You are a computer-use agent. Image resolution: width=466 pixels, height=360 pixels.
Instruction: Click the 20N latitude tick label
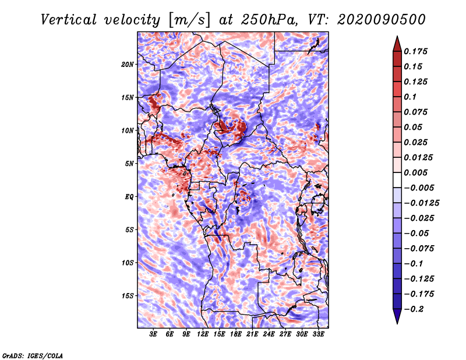pyautogui.click(x=128, y=64)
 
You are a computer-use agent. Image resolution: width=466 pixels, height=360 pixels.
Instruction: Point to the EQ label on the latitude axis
pyautogui.click(x=129, y=197)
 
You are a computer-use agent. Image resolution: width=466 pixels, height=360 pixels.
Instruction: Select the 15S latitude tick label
pyautogui.click(x=128, y=296)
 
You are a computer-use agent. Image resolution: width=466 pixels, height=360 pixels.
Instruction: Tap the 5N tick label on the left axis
pyautogui.click(x=129, y=164)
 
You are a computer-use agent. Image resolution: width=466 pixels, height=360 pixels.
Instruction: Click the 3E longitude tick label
pyautogui.click(x=154, y=335)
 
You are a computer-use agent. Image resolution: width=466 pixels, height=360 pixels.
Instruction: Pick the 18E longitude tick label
pyautogui.click(x=236, y=335)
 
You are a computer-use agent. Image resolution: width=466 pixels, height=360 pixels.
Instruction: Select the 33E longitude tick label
pyautogui.click(x=318, y=335)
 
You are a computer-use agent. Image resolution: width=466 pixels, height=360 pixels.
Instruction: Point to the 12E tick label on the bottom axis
pyautogui.click(x=203, y=335)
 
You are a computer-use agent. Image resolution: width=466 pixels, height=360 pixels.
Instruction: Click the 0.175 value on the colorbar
pyautogui.click(x=417, y=51)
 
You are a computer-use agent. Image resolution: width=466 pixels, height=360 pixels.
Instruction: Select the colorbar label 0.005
pyautogui.click(x=417, y=173)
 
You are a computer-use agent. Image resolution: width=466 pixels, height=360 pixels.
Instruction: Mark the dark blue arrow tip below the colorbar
pyautogui.click(x=396, y=319)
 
